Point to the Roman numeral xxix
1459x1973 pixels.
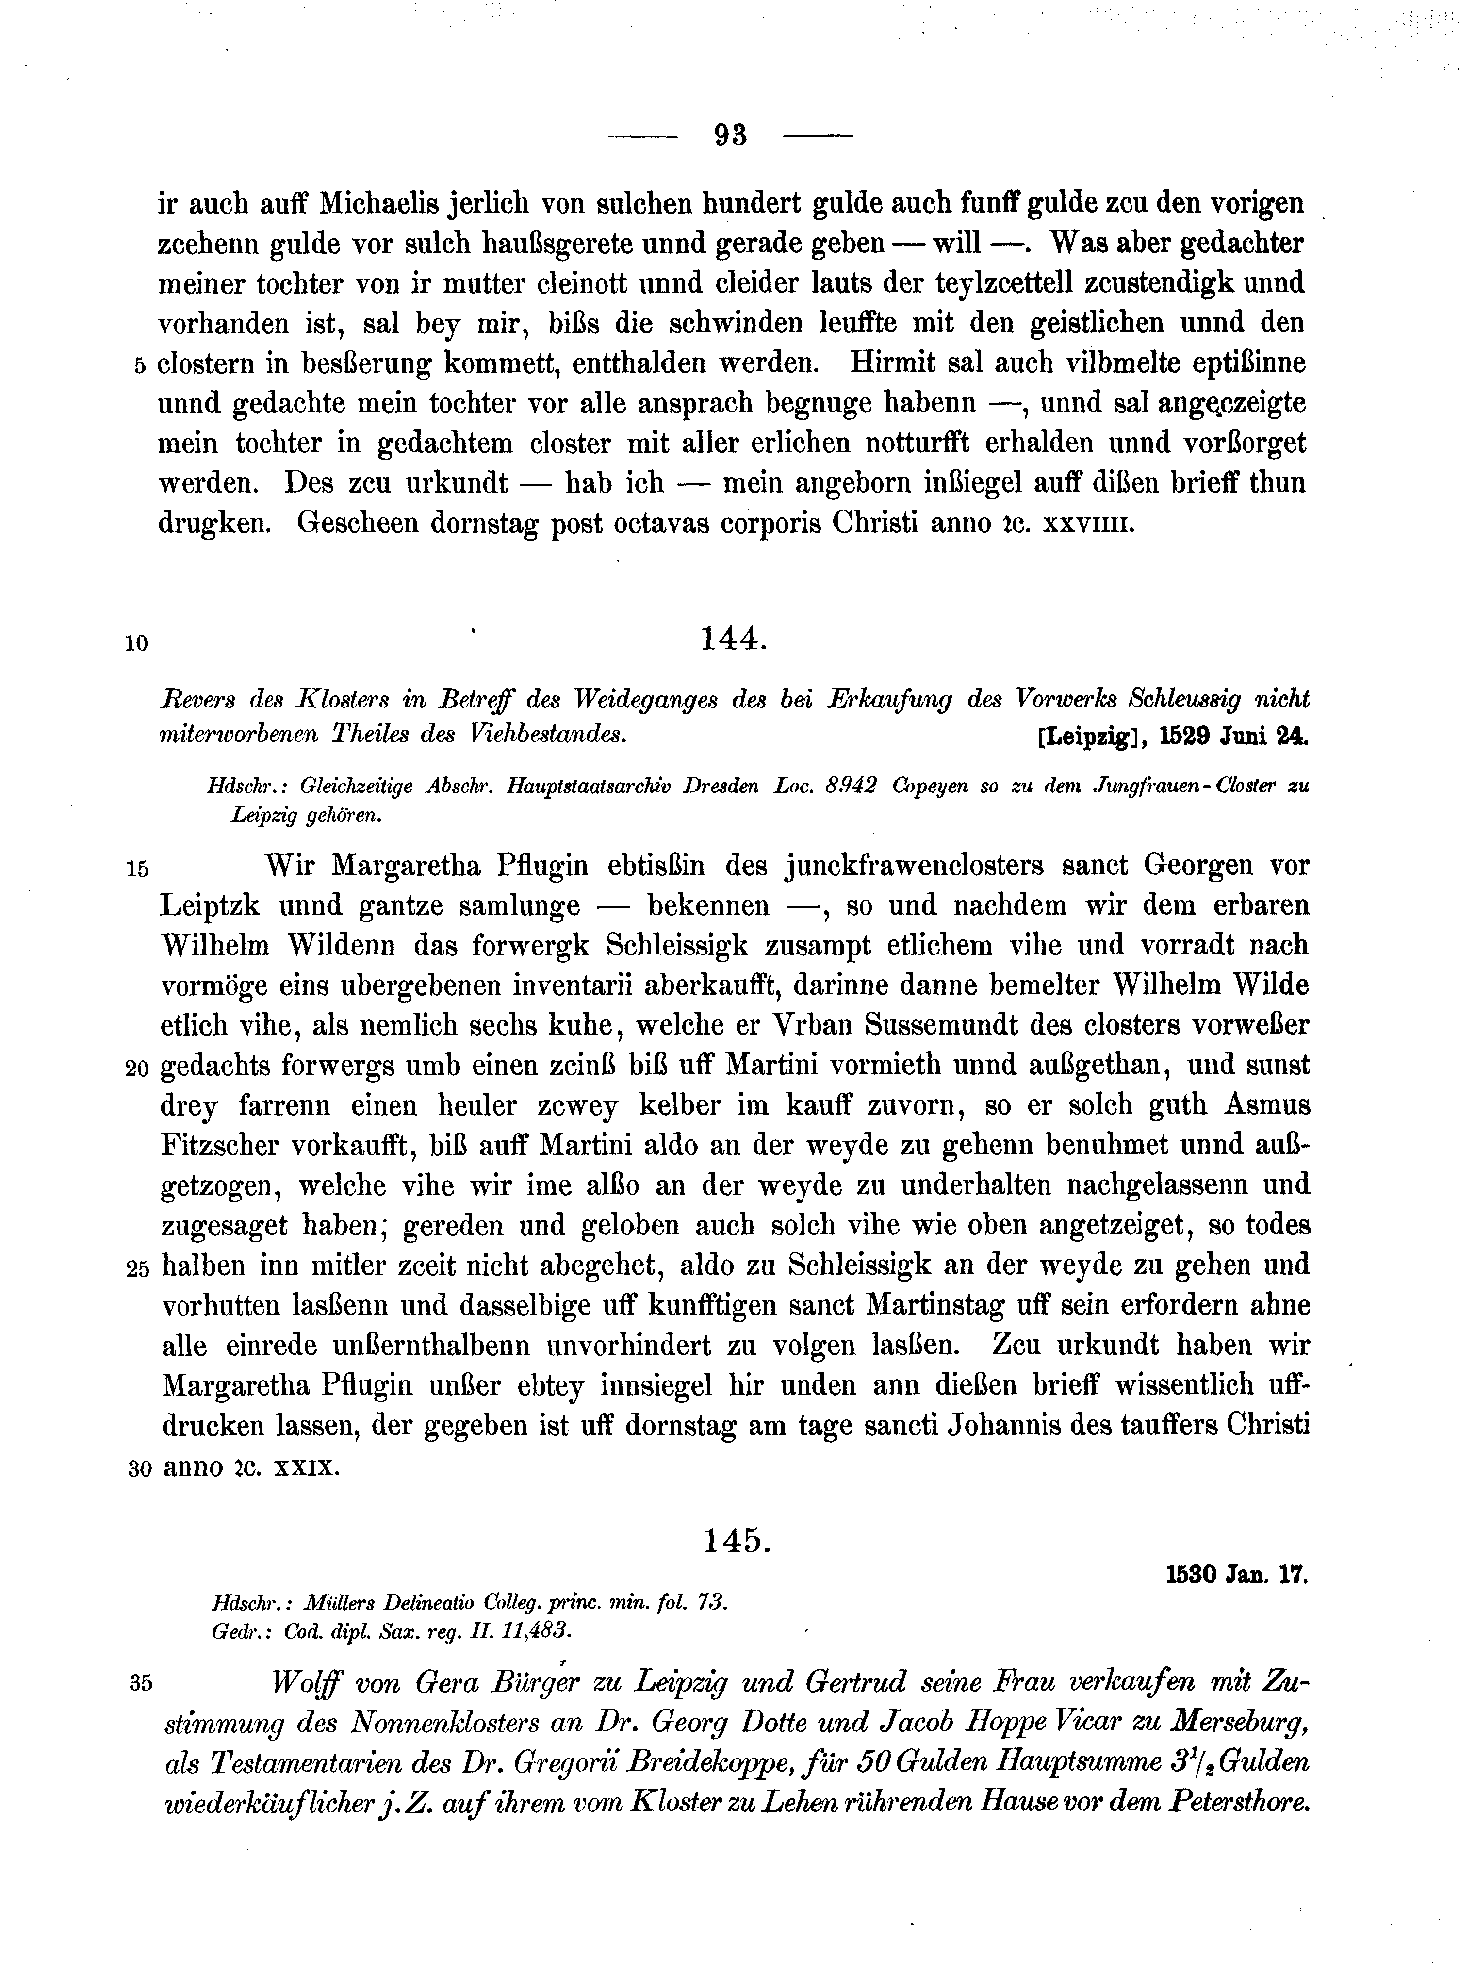[305, 1468]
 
